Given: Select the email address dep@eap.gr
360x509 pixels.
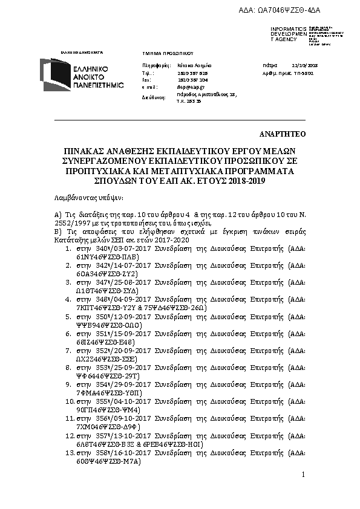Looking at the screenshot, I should tap(186, 86).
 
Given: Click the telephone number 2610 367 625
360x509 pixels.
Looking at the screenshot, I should tap(187, 72).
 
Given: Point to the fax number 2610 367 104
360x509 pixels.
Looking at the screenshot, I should tap(187, 79).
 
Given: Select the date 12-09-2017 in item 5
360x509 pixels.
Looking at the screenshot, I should tap(126, 317).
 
